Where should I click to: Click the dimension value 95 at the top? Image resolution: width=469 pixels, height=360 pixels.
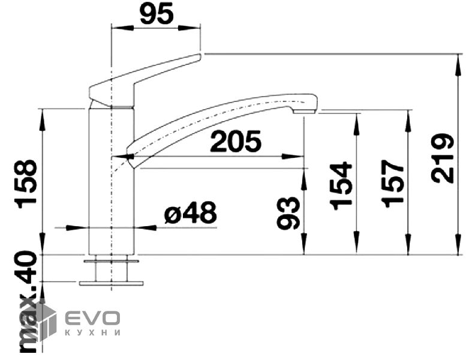[157, 14]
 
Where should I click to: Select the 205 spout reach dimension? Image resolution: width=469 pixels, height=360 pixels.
[236, 141]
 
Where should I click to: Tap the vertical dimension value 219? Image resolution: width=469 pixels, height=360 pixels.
[443, 158]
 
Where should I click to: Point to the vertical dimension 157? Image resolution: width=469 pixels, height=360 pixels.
[392, 183]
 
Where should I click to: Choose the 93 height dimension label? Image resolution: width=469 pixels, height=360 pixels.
[288, 213]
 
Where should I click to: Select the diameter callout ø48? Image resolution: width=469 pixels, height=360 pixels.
[191, 212]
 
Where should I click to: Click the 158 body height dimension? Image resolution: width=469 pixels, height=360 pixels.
[27, 184]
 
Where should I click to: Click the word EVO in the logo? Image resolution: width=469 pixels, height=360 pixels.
[92, 319]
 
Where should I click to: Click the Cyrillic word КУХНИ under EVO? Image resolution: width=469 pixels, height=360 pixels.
[92, 332]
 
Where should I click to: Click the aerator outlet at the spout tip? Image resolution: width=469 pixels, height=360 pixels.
[304, 112]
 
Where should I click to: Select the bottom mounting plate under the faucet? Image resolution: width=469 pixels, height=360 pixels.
[112, 283]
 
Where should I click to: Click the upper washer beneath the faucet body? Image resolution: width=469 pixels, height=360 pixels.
[112, 261]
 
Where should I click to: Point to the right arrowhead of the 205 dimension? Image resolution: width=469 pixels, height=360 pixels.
[292, 156]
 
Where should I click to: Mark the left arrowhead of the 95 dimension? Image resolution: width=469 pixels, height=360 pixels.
[122, 28]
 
